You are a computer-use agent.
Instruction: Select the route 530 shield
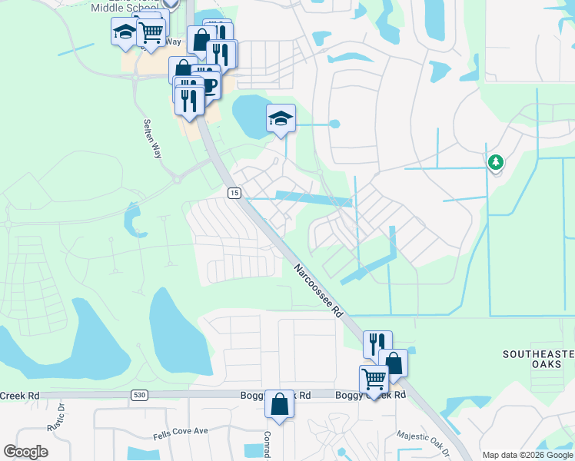point(139,395)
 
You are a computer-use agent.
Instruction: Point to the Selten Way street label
point(154,138)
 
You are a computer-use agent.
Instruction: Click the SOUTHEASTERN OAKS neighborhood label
point(538,359)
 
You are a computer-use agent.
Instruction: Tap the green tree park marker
point(496,161)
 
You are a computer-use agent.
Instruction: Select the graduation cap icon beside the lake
point(281,118)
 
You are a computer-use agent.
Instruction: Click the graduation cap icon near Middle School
point(124,33)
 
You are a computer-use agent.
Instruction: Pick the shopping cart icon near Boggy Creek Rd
point(374,379)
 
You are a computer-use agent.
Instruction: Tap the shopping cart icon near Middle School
point(151,32)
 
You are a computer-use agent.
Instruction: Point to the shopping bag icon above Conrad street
point(280,403)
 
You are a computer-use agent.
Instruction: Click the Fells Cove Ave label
point(180,432)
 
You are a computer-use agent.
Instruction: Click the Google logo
point(25,452)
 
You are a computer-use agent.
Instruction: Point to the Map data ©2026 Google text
point(527,455)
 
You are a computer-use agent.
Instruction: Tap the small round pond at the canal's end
point(334,124)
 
